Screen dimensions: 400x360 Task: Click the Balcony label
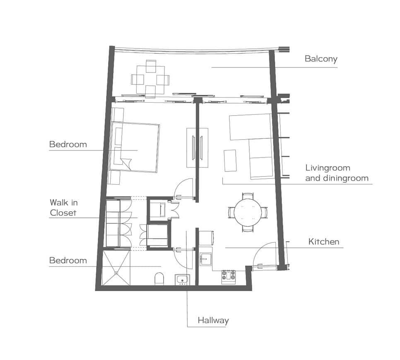(321, 59)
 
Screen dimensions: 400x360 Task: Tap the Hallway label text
(213, 320)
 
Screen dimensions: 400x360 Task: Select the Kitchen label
(324, 242)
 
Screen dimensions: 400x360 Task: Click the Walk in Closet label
(63, 208)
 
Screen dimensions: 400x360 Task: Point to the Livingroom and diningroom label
(337, 173)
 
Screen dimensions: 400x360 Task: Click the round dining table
(248, 212)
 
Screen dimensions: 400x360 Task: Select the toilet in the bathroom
(159, 279)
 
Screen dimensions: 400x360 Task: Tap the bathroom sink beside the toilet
(182, 280)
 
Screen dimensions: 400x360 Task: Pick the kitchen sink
(205, 259)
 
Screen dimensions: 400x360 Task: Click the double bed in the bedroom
(134, 147)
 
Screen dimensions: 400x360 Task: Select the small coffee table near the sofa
(230, 160)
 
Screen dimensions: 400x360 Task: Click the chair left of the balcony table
(134, 80)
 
